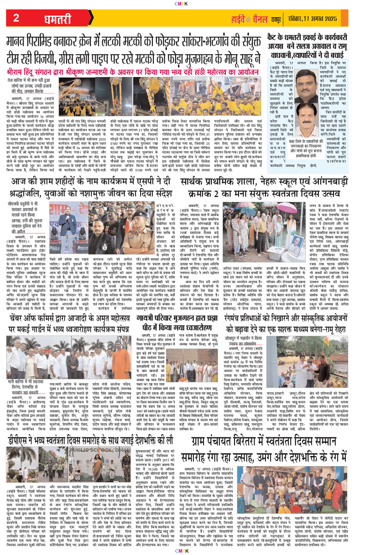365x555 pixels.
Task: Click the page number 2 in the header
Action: (x=16, y=18)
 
